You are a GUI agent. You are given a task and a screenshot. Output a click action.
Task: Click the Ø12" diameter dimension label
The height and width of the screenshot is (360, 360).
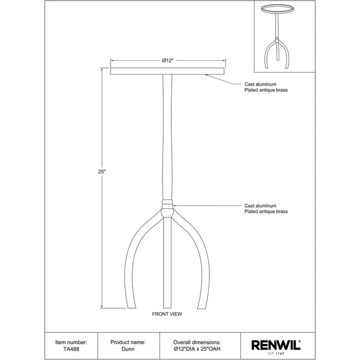(x=167, y=61)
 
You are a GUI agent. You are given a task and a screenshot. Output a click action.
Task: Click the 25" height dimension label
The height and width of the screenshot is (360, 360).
(x=101, y=171)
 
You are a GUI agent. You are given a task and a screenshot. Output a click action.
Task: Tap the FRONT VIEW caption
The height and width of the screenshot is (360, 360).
(x=167, y=314)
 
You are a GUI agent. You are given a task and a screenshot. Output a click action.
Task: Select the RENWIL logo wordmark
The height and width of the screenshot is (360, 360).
(x=276, y=345)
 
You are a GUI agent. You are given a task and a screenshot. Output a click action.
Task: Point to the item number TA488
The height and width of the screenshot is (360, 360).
(x=71, y=349)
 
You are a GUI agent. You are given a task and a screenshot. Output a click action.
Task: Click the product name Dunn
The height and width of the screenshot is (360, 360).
(x=128, y=349)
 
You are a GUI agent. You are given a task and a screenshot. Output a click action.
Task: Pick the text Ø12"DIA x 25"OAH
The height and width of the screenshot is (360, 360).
(x=197, y=349)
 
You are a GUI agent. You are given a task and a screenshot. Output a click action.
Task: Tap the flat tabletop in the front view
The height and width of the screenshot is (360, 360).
(x=167, y=71)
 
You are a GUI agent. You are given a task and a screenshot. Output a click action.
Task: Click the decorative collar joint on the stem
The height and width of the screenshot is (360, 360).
(x=167, y=208)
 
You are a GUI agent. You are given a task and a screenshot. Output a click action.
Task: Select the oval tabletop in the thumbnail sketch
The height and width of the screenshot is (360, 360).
(x=277, y=9)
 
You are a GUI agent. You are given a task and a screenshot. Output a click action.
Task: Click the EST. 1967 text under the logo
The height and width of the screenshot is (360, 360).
(x=276, y=354)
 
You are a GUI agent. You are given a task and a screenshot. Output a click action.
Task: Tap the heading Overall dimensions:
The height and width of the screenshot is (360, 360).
(x=197, y=343)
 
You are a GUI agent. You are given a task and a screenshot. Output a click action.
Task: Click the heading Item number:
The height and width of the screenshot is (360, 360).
(x=71, y=343)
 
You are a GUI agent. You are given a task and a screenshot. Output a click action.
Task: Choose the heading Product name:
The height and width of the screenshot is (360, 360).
(x=128, y=343)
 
